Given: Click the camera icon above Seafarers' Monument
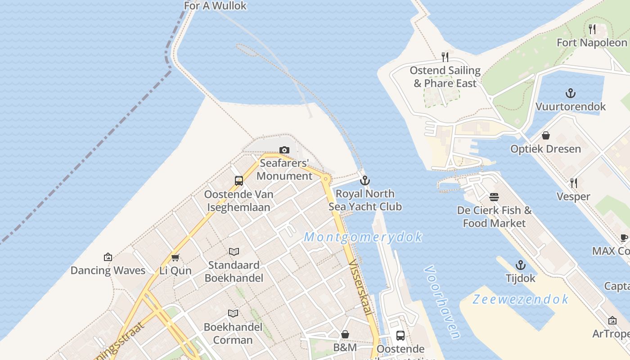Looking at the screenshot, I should tap(284, 150).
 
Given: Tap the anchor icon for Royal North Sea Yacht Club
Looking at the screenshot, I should tap(365, 181).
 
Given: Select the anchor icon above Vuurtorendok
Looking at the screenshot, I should tap(570, 94).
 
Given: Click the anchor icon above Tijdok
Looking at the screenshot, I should tap(520, 265).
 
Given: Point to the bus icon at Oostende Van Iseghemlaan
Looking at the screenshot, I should tap(239, 181).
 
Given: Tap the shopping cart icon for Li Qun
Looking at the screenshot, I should tap(175, 257).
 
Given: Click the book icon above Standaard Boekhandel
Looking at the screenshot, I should tap(234, 252).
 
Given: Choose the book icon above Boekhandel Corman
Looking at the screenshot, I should tap(233, 313).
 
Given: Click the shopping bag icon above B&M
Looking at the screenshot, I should tap(345, 334).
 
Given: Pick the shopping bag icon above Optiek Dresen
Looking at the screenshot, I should tap(545, 135).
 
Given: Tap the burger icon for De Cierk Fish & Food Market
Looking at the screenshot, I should tap(494, 197).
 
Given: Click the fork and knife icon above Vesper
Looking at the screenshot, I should tap(573, 183).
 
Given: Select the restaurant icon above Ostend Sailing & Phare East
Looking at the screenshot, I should tap(445, 57).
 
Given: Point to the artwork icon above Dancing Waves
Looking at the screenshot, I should tap(108, 257).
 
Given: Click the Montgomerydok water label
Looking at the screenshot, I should tap(363, 237).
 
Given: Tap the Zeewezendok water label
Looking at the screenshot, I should tap(521, 299).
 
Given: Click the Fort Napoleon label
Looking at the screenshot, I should tap(591, 42).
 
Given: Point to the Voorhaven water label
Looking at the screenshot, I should tap(442, 302).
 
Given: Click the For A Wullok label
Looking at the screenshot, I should tap(215, 5).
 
